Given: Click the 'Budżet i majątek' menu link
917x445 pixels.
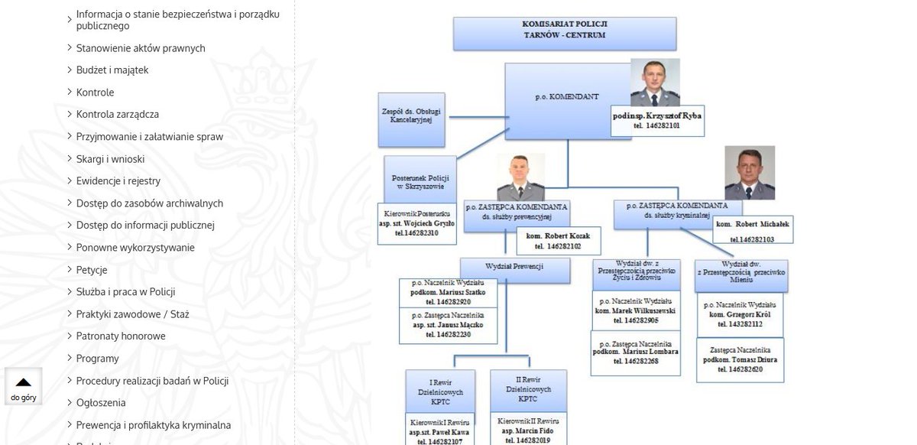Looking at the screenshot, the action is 112,70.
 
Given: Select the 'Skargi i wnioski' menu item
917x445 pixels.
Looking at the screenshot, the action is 110,159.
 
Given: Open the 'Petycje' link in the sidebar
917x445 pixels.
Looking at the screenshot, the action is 92,270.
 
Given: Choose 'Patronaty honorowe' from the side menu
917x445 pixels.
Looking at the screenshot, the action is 121,336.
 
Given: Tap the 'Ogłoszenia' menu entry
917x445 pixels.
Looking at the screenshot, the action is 101,403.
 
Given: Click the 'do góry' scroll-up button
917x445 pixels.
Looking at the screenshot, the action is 24,387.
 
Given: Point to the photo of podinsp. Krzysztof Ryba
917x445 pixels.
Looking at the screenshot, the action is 655,83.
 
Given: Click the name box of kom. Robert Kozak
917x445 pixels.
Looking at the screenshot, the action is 558,241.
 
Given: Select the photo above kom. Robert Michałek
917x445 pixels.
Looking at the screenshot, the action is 750,173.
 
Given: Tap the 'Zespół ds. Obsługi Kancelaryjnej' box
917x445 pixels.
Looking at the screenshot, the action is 411,120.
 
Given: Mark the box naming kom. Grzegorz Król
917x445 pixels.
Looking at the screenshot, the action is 740,315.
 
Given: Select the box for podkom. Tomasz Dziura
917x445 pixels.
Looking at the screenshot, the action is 740,360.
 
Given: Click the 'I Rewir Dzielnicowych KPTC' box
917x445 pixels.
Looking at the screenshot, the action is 440,391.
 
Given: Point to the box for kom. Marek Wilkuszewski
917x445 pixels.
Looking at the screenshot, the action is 635,311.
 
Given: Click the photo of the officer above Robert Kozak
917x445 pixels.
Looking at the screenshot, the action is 520,177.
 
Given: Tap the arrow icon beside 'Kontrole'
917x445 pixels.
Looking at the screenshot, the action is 70,92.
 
